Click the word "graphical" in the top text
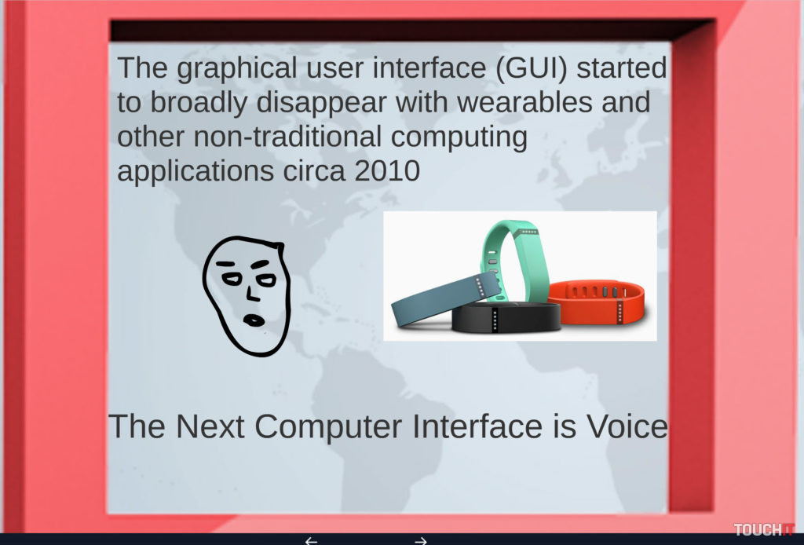coord(237,68)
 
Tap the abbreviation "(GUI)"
coord(532,68)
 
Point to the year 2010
coord(387,170)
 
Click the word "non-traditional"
coord(287,137)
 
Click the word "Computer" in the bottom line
coord(328,427)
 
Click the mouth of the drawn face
coord(254,320)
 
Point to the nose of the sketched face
coord(251,293)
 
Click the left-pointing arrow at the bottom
coord(311,540)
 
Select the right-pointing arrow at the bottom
coord(421,540)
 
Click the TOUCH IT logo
coord(763,529)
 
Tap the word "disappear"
coord(321,103)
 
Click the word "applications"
coord(196,171)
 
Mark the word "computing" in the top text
coord(459,137)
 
